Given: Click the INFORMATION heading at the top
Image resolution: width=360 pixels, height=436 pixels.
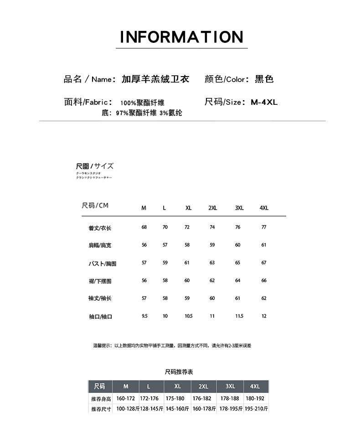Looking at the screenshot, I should (181, 37).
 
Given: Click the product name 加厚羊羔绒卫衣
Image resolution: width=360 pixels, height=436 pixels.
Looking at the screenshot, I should (155, 79).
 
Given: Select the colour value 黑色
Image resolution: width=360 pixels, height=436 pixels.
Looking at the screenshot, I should (264, 79).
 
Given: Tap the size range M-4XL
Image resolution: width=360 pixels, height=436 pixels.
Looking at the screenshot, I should (264, 102).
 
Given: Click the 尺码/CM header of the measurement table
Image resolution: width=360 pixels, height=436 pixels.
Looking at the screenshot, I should (95, 206).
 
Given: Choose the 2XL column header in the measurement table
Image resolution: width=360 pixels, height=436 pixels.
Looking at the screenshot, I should (212, 208).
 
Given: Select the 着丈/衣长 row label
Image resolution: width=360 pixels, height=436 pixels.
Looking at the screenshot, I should (100, 228).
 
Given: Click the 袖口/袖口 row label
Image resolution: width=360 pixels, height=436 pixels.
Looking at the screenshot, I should (100, 317).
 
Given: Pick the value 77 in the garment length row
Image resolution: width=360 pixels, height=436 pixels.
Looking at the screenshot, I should (264, 227).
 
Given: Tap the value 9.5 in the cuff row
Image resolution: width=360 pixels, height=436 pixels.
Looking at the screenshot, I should (144, 316).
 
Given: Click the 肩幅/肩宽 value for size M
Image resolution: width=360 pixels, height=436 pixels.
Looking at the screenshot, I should (144, 245).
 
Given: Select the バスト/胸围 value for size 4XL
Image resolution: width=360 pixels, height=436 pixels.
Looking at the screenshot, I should (264, 262).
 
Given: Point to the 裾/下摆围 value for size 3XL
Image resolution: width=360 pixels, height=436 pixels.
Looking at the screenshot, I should (238, 280).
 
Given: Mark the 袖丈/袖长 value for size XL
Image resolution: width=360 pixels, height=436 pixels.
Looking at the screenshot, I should (187, 298).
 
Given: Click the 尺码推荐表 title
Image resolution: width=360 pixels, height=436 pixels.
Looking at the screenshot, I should (179, 372).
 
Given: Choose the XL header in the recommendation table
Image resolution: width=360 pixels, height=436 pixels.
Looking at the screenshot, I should (178, 386).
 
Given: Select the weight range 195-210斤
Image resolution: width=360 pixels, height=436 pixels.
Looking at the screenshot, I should (256, 409).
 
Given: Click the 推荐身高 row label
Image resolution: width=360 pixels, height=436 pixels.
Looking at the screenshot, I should (101, 399).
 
